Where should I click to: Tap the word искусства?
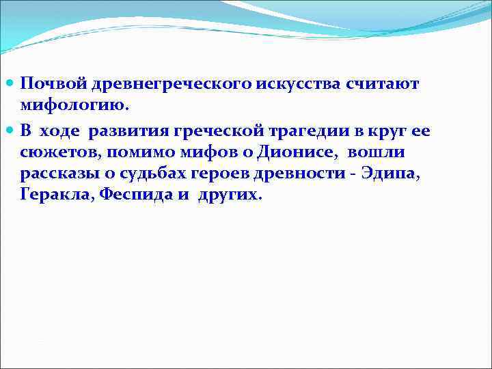coord(297,83)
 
